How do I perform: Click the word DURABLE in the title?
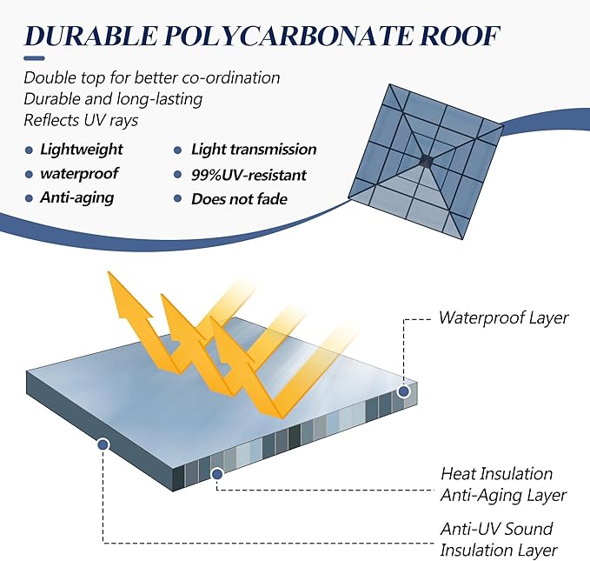tap(90, 36)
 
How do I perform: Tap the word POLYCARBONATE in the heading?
tap(288, 36)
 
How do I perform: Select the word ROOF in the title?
tap(460, 36)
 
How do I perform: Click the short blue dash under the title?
tap(34, 58)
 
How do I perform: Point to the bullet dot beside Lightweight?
tap(29, 150)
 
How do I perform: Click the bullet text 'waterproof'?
tap(79, 174)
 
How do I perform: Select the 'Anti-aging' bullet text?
tap(77, 197)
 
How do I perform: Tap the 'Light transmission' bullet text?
tap(254, 150)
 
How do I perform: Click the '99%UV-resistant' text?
tap(249, 175)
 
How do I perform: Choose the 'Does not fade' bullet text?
tap(239, 199)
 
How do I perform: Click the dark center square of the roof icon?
tap(426, 161)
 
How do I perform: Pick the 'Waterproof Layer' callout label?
tap(503, 317)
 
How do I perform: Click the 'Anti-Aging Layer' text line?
tap(503, 496)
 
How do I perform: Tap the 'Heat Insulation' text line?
tap(497, 474)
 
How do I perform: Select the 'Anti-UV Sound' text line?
tap(497, 529)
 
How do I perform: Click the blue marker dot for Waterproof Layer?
tap(404, 392)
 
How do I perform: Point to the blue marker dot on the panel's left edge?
tap(103, 445)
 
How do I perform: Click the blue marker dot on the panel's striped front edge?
tap(216, 474)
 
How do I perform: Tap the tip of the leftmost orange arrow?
tap(109, 272)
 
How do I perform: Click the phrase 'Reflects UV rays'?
tap(81, 121)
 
